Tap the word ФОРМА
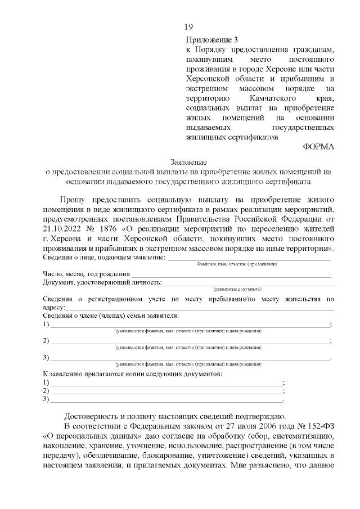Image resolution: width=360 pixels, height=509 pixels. click(318, 146)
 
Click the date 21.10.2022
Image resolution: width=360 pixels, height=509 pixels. click(63, 228)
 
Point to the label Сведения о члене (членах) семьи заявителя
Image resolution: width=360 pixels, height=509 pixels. click(111, 316)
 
